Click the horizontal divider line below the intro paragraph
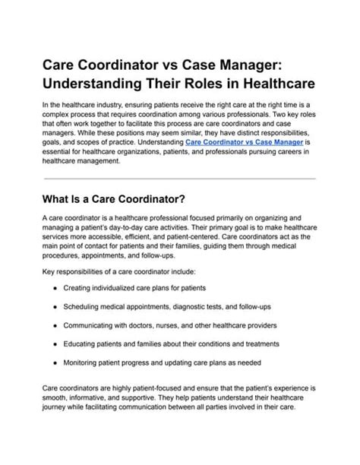(x=179, y=179)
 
